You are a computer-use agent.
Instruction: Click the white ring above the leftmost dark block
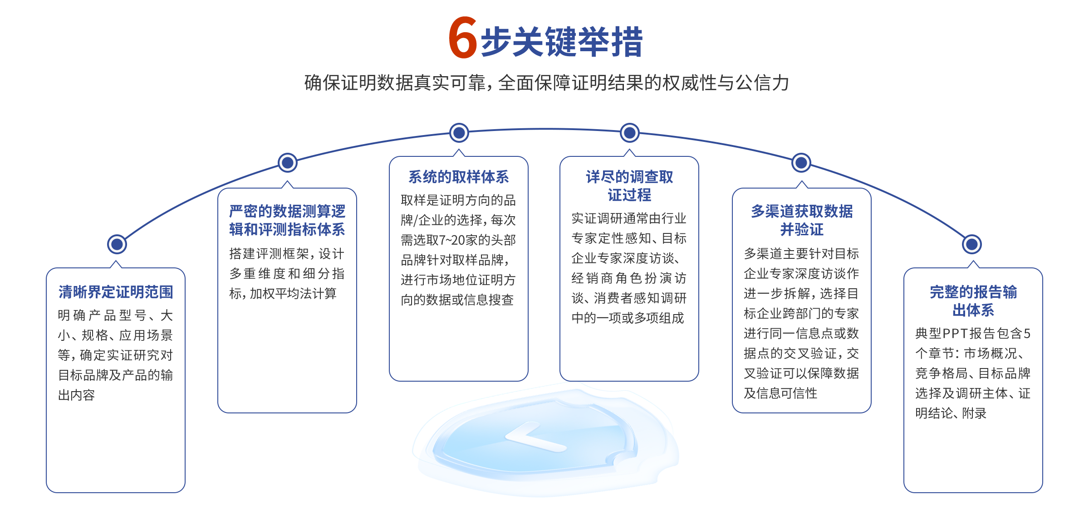(x=117, y=244)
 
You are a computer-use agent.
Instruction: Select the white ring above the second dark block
(x=288, y=163)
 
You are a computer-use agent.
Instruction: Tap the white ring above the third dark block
(x=459, y=133)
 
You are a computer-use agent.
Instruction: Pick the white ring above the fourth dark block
(x=630, y=133)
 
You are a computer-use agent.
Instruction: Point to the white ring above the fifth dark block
(x=801, y=163)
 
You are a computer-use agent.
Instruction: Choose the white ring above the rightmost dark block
(x=972, y=244)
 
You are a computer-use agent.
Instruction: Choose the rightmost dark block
(x=973, y=381)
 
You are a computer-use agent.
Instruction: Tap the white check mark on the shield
(x=535, y=437)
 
